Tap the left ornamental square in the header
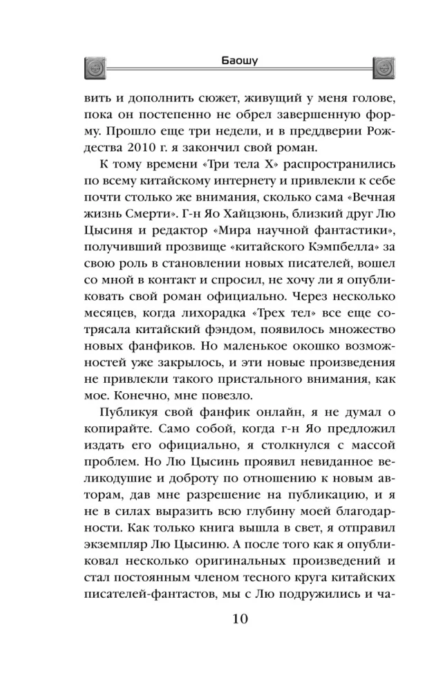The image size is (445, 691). tap(93, 67)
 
